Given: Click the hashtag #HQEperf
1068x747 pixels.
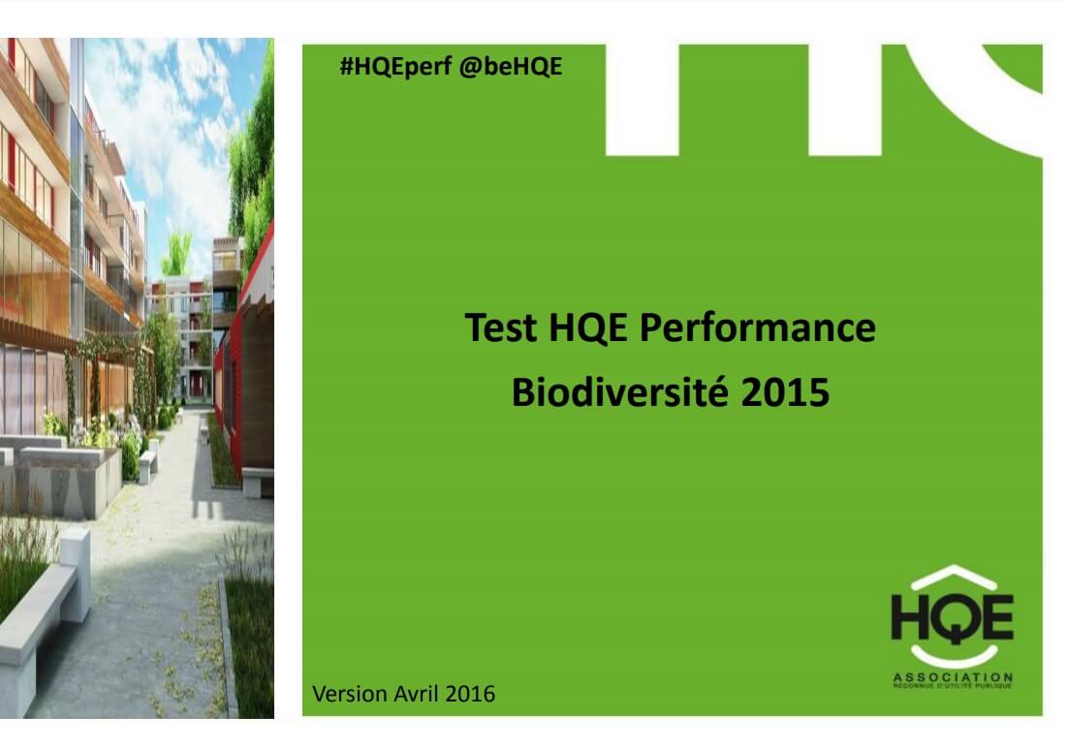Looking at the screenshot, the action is (x=395, y=67).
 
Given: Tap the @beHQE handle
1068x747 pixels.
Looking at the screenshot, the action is (x=511, y=67).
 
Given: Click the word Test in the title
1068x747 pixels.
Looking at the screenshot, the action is (x=501, y=327).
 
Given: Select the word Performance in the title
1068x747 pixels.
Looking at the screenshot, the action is (x=758, y=327).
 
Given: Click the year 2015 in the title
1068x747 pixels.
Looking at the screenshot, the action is (x=785, y=393).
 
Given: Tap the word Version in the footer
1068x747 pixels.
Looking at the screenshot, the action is (x=351, y=694).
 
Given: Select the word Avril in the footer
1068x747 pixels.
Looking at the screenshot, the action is (x=417, y=694).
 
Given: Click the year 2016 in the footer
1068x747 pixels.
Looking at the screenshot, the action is (x=470, y=694).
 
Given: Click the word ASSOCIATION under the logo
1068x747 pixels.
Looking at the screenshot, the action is (x=953, y=677).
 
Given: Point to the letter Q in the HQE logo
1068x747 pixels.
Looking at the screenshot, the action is (x=953, y=618).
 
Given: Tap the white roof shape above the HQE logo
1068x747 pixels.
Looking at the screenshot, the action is (x=954, y=576).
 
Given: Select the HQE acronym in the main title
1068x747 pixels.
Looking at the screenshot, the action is (x=587, y=327).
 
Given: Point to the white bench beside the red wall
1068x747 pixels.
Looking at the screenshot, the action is (x=258, y=481).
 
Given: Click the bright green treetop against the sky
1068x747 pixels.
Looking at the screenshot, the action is (x=177, y=253).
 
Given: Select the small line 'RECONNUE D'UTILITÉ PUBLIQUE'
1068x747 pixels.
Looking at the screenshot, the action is (x=953, y=686).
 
